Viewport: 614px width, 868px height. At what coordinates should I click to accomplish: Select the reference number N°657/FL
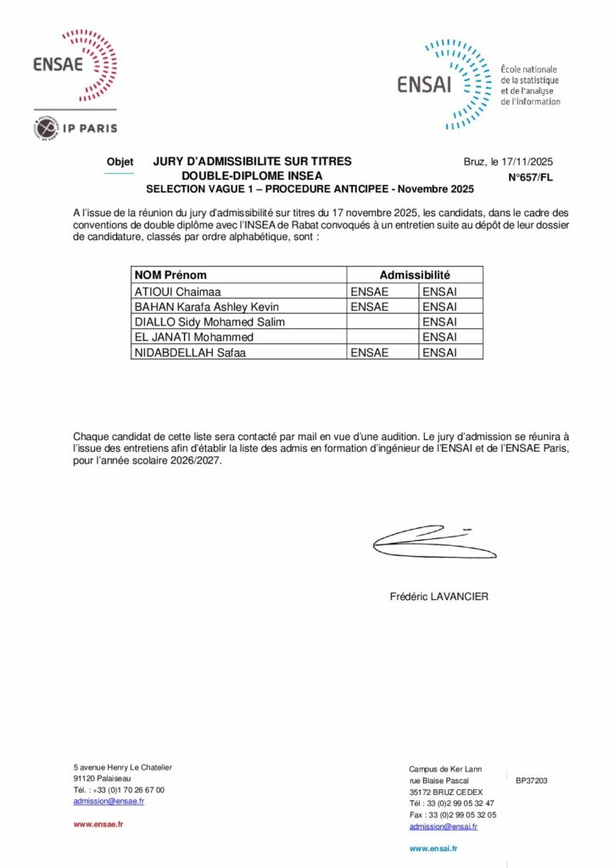530,178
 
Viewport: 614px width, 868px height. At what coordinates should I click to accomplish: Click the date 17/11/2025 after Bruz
527,161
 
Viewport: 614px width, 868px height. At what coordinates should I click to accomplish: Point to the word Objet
120,162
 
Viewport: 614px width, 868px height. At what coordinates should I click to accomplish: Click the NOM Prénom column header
170,275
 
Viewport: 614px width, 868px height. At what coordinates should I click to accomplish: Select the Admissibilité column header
414,275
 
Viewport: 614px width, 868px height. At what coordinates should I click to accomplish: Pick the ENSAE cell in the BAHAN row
370,306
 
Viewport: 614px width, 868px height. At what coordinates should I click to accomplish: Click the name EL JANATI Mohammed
193,337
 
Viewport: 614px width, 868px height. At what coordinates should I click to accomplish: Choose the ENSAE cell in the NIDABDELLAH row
370,352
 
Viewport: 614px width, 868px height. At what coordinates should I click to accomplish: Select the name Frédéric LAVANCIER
438,596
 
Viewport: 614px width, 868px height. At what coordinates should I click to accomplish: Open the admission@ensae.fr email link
109,800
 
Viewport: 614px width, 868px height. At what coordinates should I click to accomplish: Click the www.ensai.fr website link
433,848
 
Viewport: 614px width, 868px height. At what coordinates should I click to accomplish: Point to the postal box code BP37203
532,780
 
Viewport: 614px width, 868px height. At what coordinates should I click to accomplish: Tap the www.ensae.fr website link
98,823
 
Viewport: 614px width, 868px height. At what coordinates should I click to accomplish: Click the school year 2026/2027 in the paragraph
200,464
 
